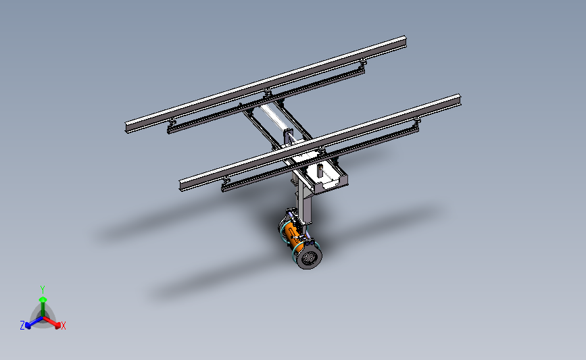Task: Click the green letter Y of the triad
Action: [43, 288]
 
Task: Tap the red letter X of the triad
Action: [64, 326]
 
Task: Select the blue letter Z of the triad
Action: [22, 326]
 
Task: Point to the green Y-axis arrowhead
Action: [43, 299]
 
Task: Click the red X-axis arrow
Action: [54, 322]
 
